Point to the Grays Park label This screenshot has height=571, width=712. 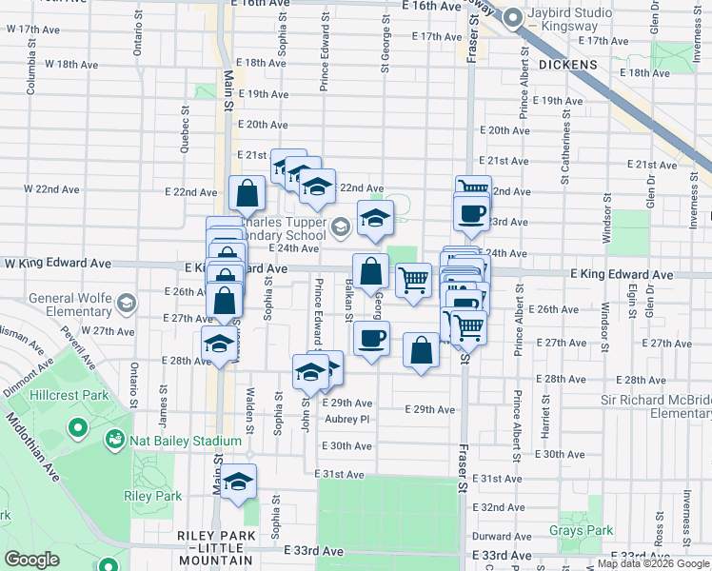[x=581, y=530]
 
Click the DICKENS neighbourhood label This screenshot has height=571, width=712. [x=567, y=65]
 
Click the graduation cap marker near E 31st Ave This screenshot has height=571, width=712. [x=237, y=482]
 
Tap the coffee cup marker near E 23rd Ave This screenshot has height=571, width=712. [x=471, y=213]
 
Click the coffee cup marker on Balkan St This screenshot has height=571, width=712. [x=371, y=338]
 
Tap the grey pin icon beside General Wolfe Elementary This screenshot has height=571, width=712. [x=127, y=305]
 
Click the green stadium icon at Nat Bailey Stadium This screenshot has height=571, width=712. [x=115, y=441]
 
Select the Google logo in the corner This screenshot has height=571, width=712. [x=32, y=560]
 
